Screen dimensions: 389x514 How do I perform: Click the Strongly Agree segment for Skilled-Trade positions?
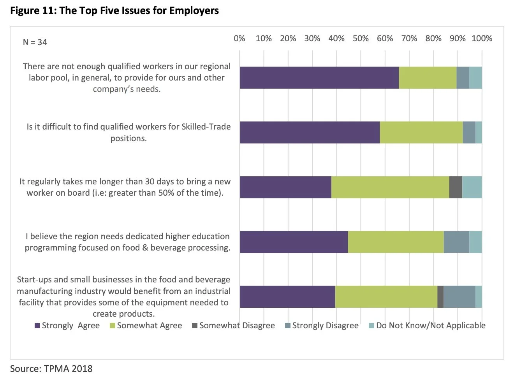(x=310, y=132)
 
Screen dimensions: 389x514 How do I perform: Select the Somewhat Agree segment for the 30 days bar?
(x=390, y=187)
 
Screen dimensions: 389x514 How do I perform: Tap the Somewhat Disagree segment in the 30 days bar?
(x=456, y=187)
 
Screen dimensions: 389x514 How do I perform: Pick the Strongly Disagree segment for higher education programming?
(x=456, y=242)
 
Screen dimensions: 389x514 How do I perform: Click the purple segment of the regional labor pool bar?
(x=319, y=77)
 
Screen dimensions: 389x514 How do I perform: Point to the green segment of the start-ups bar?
(x=386, y=297)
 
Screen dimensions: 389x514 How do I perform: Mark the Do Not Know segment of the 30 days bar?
(x=472, y=187)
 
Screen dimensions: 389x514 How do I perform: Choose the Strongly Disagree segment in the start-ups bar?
(x=459, y=297)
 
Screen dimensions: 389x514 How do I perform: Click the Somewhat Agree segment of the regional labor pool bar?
(x=428, y=77)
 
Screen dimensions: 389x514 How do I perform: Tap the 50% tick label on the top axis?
(x=361, y=39)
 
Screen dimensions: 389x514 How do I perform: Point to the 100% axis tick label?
(x=482, y=39)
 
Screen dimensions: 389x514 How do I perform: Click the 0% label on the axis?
(x=239, y=39)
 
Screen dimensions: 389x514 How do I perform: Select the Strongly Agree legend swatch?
(x=37, y=326)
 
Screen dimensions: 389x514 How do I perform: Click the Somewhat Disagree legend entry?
(x=233, y=326)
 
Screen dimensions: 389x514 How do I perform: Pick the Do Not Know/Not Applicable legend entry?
(x=427, y=326)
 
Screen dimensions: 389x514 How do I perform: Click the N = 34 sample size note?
(x=35, y=42)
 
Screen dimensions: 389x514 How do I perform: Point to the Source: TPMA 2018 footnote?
(x=51, y=369)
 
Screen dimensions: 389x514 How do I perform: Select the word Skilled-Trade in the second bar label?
(x=206, y=127)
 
